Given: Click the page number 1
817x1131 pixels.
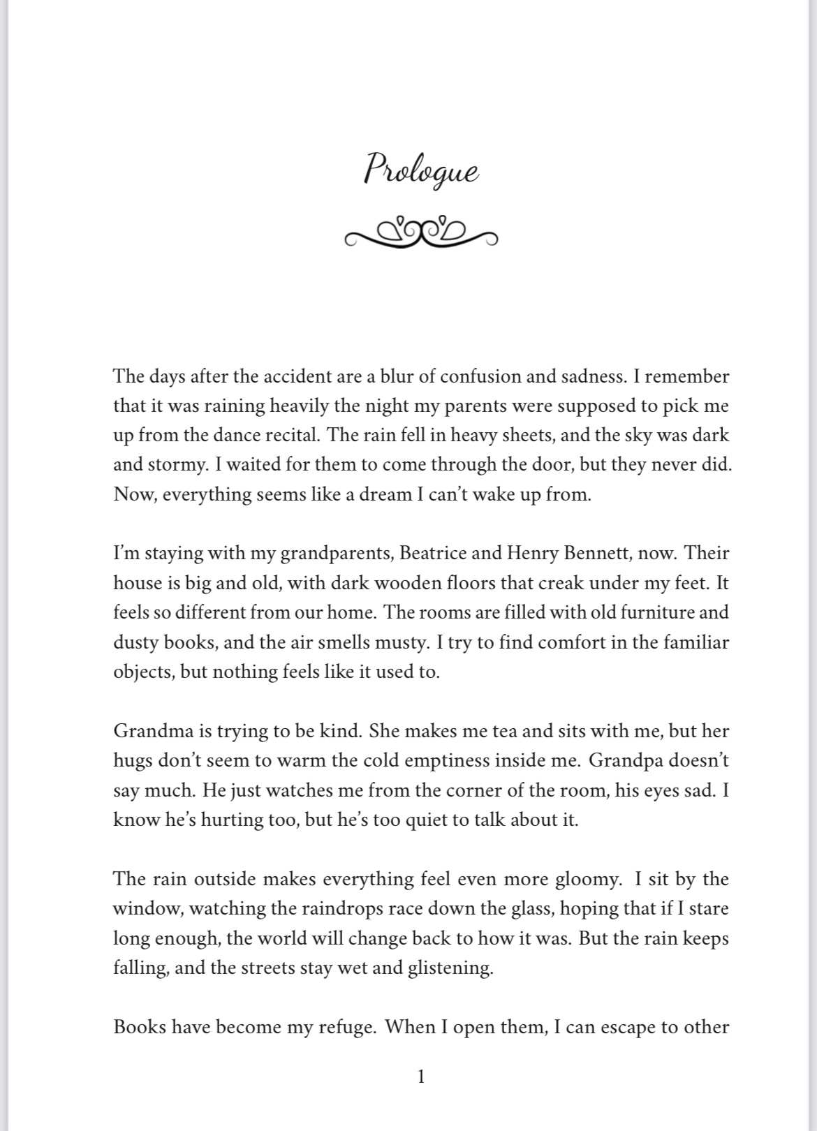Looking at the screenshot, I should point(420,1077).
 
